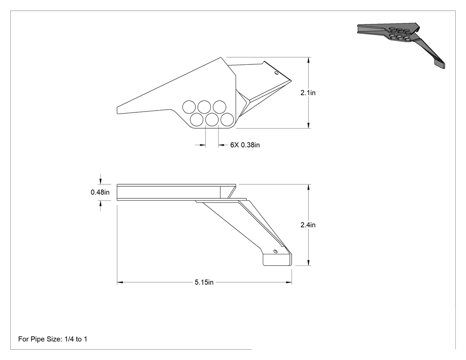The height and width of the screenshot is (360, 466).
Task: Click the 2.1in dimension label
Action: point(308,93)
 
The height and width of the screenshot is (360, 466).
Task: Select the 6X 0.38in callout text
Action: point(245,145)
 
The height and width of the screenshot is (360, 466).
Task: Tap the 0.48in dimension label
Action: point(100,192)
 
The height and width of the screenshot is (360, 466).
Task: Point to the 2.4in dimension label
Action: point(308,225)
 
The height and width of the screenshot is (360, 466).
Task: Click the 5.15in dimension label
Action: point(204,282)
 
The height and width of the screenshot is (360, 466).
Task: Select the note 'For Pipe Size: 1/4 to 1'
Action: point(53,339)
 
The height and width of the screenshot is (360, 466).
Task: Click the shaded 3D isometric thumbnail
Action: point(401,45)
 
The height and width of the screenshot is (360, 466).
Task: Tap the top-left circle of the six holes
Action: point(189,107)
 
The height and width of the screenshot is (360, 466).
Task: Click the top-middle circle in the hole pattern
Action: point(204,107)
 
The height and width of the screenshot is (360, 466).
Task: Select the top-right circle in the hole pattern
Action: point(219,107)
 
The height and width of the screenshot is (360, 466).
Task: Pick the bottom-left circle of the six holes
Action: point(197,119)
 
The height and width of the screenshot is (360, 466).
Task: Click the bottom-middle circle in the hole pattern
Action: point(212,119)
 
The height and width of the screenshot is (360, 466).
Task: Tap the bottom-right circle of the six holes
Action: point(227,119)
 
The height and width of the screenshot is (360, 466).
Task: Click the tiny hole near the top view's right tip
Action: point(276,73)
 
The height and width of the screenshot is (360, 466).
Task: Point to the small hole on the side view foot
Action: point(275,252)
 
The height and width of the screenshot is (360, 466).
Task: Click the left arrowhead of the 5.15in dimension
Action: point(119,282)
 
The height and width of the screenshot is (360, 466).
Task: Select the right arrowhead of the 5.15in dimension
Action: point(289,282)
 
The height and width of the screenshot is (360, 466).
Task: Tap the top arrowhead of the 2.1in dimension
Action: point(309,60)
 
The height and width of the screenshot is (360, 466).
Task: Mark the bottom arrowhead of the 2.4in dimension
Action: point(309,262)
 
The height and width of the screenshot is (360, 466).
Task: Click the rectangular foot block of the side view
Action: point(277,260)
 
